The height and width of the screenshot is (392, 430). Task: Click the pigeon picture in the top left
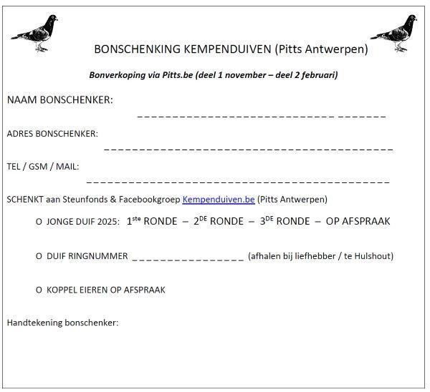36,33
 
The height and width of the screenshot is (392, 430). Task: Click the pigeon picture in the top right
393,33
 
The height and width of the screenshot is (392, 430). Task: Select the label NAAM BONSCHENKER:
59,99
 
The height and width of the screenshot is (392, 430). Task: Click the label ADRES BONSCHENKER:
52,133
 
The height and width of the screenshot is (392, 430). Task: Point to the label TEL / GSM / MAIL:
43,166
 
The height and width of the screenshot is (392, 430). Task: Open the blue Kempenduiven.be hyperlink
219,199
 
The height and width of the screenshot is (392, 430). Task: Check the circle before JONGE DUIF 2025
39,222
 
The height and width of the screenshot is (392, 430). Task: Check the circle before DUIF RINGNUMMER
39,256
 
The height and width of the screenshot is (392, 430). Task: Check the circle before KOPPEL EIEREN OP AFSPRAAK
39,290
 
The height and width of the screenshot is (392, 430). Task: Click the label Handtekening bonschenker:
62,323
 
